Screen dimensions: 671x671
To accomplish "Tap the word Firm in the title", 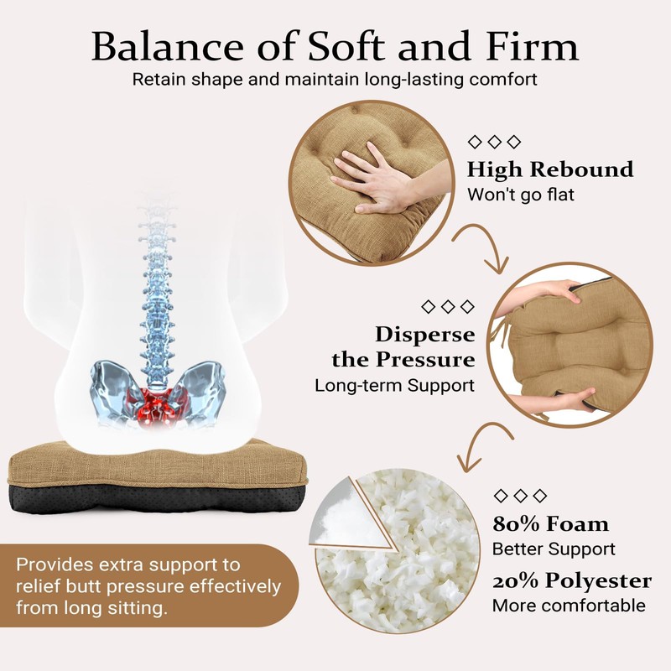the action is [x=536, y=46].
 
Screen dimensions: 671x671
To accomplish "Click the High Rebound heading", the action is [x=549, y=169].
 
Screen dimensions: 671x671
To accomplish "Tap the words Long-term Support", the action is [x=394, y=386].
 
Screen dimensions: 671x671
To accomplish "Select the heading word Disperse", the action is [x=424, y=335].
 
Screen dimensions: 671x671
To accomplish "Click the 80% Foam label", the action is [x=550, y=525].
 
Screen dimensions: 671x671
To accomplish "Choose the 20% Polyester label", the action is [x=571, y=580].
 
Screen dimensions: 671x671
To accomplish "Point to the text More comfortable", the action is [x=569, y=605].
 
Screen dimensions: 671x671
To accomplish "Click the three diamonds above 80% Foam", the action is [x=520, y=495].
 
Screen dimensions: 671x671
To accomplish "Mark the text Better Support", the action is [x=554, y=549].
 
